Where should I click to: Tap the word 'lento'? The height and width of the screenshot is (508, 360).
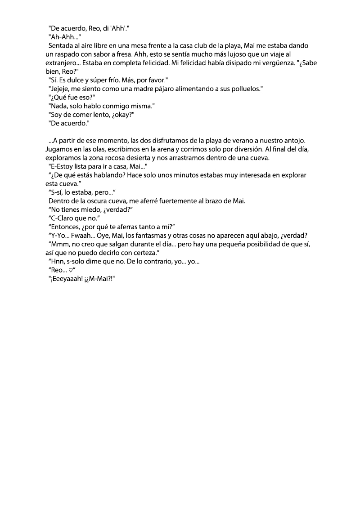point(111,115)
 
